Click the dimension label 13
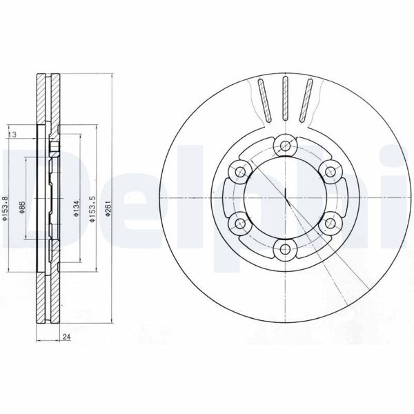tap(13, 134)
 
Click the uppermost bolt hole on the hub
tap(284, 146)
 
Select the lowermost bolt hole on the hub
tap(284, 249)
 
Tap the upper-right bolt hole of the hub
tap(329, 171)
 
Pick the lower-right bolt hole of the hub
tap(329, 223)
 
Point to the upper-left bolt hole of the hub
tap(239, 171)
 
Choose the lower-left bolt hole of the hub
tap(239, 223)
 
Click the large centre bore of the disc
tap(284, 197)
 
